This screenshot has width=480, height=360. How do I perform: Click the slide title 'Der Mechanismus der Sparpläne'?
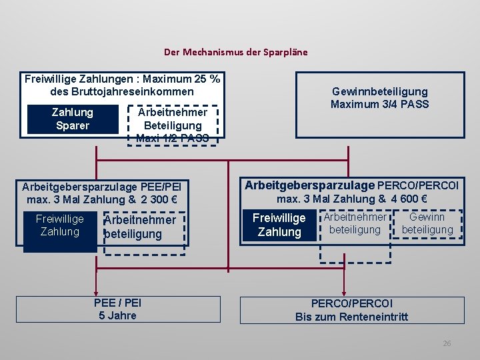[x=236, y=52]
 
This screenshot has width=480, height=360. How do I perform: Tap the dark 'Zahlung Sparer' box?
[x=72, y=119]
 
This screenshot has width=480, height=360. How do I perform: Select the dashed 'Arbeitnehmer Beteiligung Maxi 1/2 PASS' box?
[x=172, y=125]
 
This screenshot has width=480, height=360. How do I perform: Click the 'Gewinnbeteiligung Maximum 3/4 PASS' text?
[x=379, y=98]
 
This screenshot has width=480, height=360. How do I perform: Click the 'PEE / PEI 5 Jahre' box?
[x=117, y=309]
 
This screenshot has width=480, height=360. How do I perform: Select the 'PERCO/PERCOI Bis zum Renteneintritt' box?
[x=351, y=310]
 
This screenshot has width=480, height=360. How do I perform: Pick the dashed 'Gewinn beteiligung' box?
[x=427, y=224]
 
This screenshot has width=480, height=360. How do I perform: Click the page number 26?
[x=447, y=343]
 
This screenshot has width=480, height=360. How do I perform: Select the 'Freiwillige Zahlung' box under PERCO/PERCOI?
[x=279, y=225]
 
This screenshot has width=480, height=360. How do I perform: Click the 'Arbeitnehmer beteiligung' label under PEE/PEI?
[x=140, y=227]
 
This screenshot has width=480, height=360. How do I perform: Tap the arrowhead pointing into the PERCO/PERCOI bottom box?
[x=343, y=291]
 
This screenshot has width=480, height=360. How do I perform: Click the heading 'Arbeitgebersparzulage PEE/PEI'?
[x=101, y=187]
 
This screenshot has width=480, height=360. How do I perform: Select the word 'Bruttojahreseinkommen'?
[x=122, y=91]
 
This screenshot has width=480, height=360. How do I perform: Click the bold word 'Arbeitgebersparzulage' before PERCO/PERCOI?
[x=309, y=185]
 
